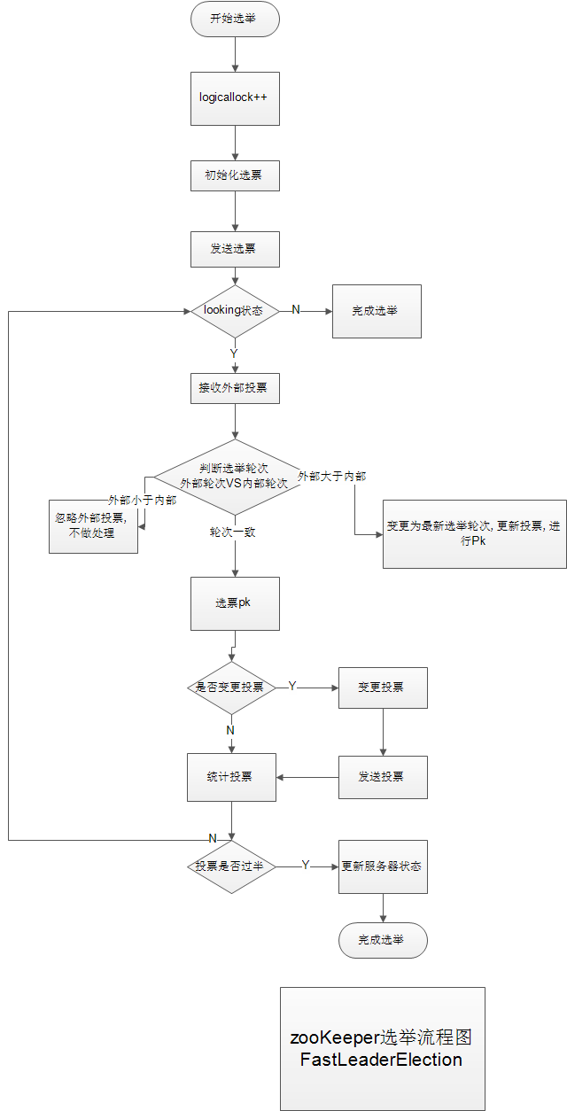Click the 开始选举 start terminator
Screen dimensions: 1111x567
(235, 19)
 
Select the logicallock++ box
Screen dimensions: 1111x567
(235, 98)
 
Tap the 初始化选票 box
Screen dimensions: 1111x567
(235, 175)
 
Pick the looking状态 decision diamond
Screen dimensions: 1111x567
(235, 311)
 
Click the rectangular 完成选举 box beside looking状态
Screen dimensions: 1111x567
(377, 311)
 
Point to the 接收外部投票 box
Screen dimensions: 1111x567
(235, 388)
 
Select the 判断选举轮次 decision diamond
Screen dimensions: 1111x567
(235, 477)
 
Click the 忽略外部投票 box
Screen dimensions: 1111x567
(93, 526)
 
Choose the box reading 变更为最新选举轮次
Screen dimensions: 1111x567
(474, 532)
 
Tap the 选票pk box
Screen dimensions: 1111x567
(235, 603)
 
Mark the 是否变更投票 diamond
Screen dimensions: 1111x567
(230, 687)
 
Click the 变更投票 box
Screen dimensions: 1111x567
(383, 687)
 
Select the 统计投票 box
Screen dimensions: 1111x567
(231, 777)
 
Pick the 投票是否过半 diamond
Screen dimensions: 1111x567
(230, 866)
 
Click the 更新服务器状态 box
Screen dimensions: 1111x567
(383, 866)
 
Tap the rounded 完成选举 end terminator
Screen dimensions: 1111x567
(383, 940)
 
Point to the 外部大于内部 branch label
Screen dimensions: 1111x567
(332, 477)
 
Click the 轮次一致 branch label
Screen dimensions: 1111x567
(233, 532)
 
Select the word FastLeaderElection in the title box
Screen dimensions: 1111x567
(381, 1060)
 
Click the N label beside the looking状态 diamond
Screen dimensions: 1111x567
(296, 309)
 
